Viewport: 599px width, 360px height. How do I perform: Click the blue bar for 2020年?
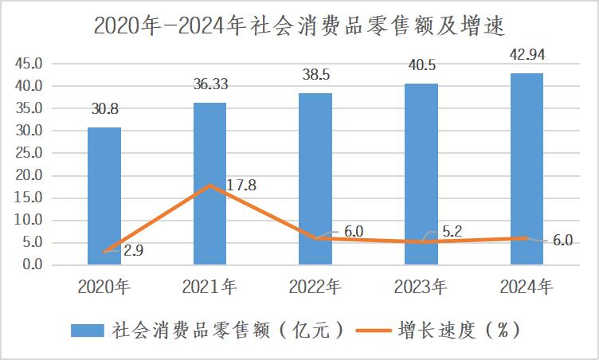[104, 195]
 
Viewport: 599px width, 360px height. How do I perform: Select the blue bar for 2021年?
[210, 183]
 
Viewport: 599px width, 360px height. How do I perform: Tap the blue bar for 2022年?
[315, 178]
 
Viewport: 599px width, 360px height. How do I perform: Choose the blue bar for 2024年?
[527, 168]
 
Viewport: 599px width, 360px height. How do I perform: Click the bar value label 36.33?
[210, 82]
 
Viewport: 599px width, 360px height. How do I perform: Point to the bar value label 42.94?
[527, 54]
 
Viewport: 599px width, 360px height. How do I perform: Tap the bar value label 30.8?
[104, 107]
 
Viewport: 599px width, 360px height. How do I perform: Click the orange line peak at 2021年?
[210, 185]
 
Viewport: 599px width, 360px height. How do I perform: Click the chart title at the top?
[299, 25]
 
